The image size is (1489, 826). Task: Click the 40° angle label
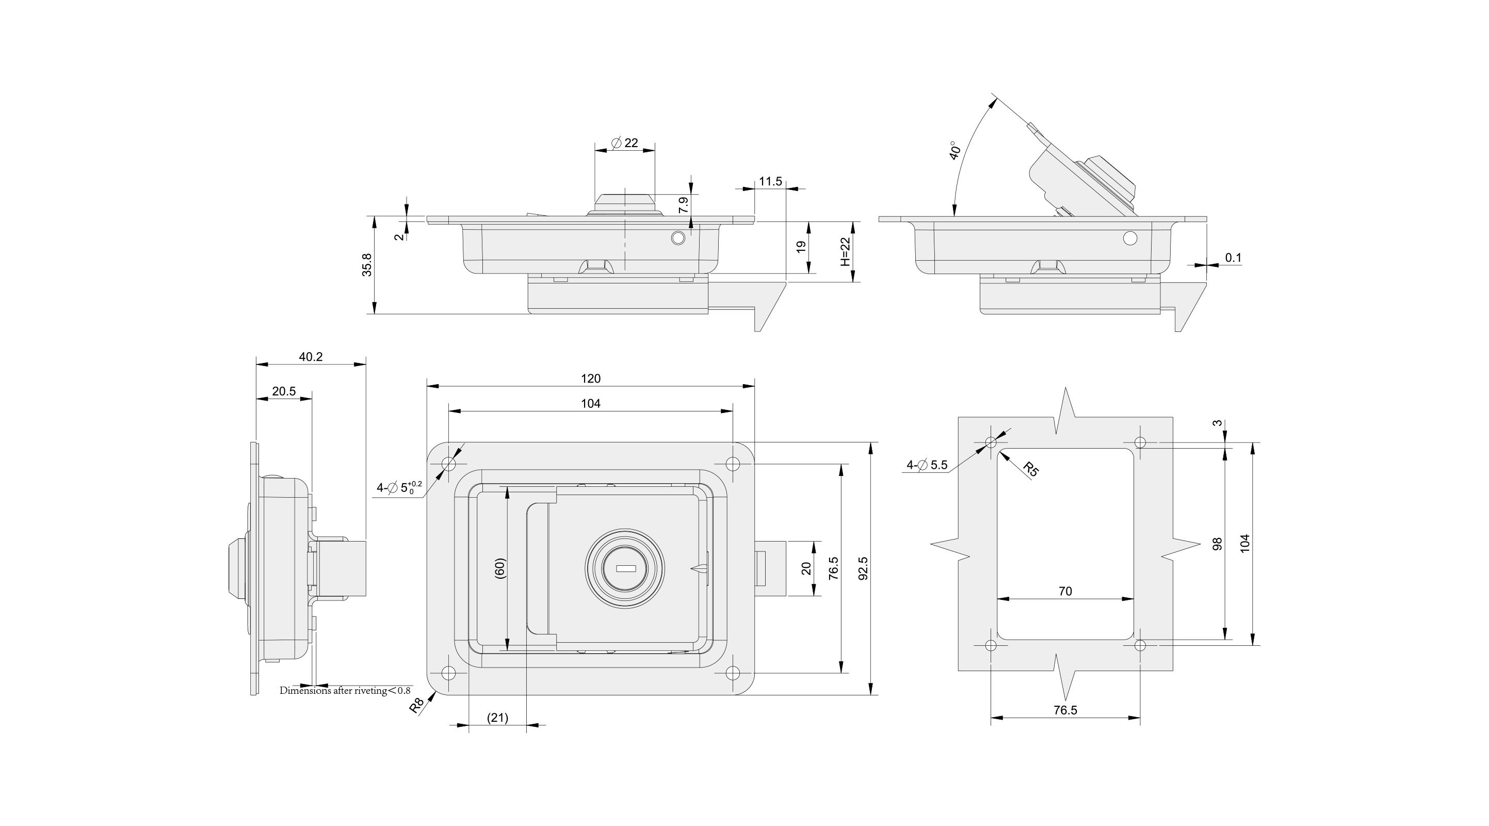tap(956, 150)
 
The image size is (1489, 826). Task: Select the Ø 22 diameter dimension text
tap(625, 142)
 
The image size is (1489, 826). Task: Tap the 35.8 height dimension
tap(367, 265)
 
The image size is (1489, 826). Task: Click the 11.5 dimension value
tap(770, 182)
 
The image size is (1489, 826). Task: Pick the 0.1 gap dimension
tap(1233, 258)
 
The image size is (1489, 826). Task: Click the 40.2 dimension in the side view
tap(311, 357)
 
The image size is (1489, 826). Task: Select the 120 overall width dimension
tap(590, 378)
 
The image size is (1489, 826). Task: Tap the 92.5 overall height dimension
tap(863, 568)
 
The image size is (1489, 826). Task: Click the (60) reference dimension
tap(500, 568)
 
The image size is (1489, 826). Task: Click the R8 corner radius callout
tap(417, 705)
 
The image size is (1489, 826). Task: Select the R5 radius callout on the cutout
tap(1031, 469)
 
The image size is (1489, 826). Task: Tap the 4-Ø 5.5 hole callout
tap(927, 465)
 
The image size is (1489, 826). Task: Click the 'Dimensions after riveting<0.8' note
tap(345, 691)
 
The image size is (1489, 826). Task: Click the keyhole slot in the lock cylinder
tap(625, 568)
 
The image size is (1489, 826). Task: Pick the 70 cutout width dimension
tap(1065, 591)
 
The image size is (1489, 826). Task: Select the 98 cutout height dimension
tap(1217, 544)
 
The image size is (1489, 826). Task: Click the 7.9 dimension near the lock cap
tap(684, 205)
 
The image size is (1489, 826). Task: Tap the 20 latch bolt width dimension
tap(806, 568)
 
